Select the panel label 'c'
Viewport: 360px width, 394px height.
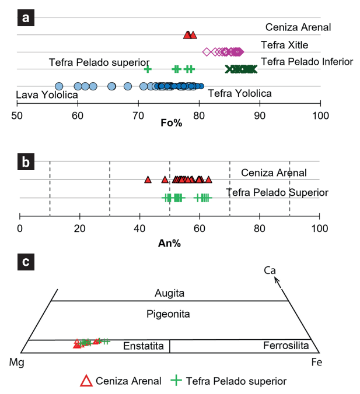[x=26, y=262]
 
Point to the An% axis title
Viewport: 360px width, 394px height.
[x=169, y=244]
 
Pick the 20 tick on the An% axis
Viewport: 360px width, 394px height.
[x=80, y=228]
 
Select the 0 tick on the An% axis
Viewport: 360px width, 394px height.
[x=20, y=228]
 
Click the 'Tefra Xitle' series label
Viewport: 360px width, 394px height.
[x=284, y=45]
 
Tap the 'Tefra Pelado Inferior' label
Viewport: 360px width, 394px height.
[x=307, y=61]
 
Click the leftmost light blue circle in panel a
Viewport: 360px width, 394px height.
[x=59, y=86]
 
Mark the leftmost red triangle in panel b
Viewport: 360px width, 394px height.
[x=148, y=180]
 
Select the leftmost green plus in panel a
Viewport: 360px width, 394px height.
[x=148, y=69]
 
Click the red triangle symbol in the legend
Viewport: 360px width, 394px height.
[x=86, y=381]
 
